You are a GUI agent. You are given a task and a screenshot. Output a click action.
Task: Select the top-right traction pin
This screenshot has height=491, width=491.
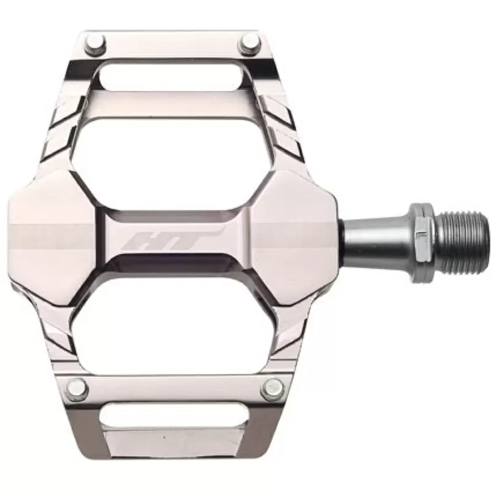[250, 44]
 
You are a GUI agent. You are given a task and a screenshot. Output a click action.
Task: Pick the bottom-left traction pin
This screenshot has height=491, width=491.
[75, 387]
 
